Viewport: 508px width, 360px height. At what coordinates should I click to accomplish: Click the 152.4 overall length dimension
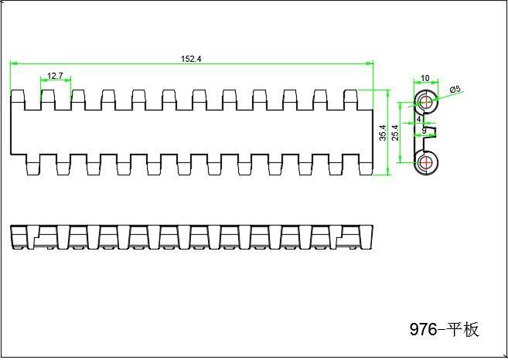coord(191,59)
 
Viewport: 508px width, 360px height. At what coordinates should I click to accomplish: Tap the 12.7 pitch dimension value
coord(55,76)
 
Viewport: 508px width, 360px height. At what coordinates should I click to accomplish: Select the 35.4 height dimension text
coord(383,133)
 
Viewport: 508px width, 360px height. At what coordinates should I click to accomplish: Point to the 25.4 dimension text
coord(395,133)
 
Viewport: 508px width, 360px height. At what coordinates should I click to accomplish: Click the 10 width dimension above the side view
coord(424,78)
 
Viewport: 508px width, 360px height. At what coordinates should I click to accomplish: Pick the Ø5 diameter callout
coord(455,90)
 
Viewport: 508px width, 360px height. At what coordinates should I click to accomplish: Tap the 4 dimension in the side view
coord(419,119)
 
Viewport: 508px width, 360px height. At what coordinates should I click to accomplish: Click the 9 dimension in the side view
coord(424,131)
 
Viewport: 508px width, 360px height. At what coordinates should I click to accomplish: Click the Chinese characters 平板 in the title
coord(462,330)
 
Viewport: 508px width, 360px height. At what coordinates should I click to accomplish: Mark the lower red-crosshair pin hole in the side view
coord(425,162)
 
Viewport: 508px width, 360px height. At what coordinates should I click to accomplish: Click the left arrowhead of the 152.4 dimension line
coord(14,64)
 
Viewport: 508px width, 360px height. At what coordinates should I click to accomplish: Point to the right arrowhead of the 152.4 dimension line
coord(370,64)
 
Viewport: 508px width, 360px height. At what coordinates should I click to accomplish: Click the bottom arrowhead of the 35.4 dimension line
coord(388,172)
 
